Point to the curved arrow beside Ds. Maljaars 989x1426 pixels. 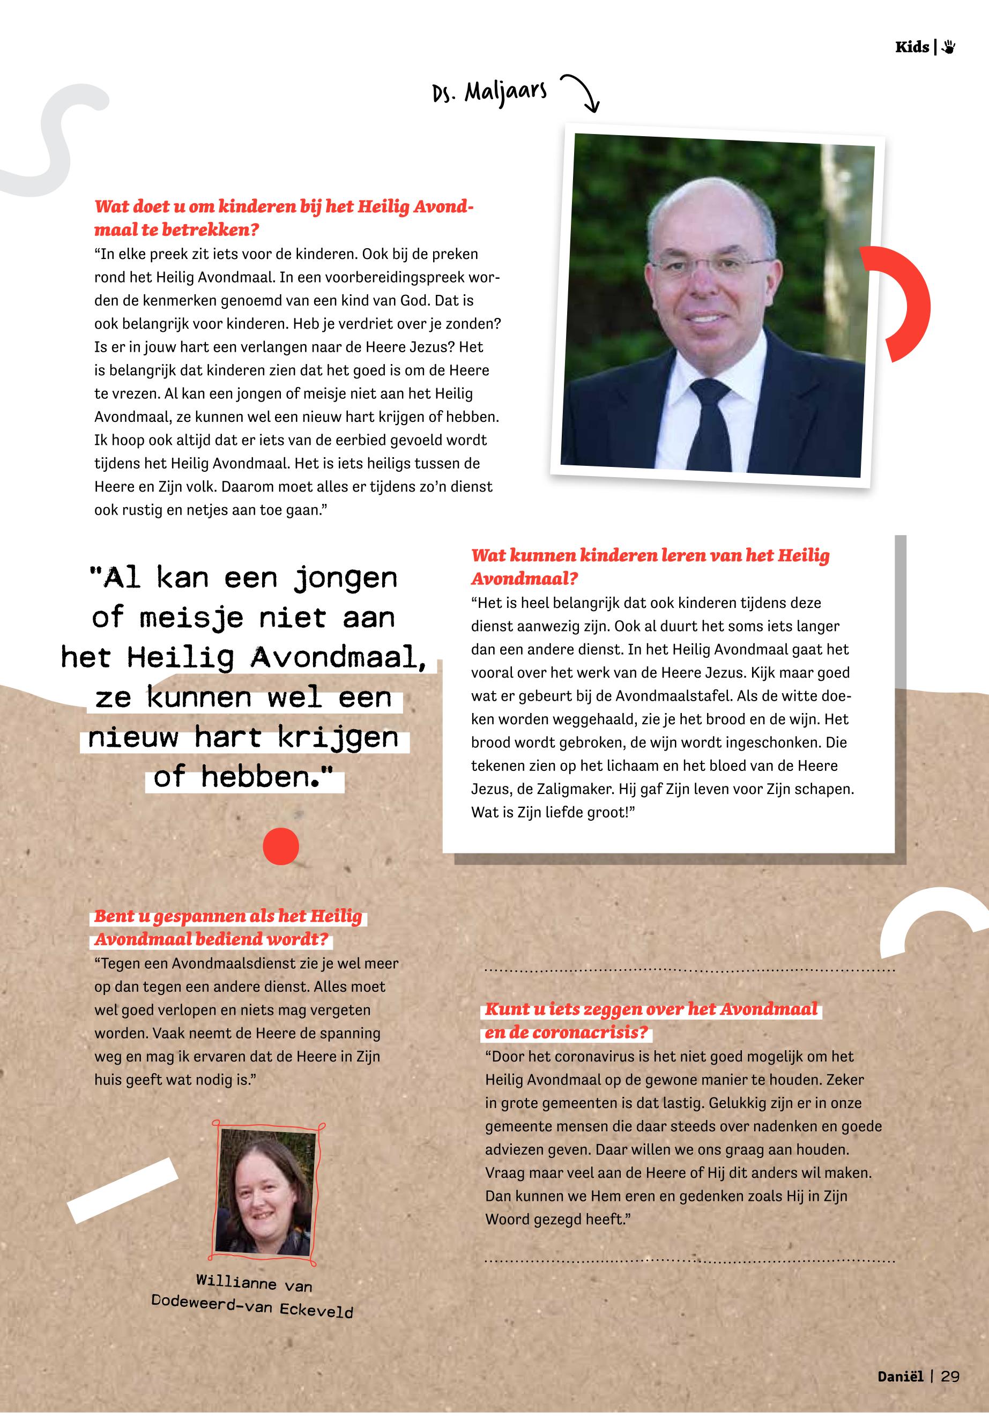[x=583, y=92]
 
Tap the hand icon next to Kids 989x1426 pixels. [x=948, y=47]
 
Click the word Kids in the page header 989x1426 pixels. [x=911, y=47]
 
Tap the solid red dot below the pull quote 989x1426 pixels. [x=281, y=846]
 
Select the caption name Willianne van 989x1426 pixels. [x=254, y=1282]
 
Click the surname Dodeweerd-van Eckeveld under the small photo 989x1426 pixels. [x=252, y=1306]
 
